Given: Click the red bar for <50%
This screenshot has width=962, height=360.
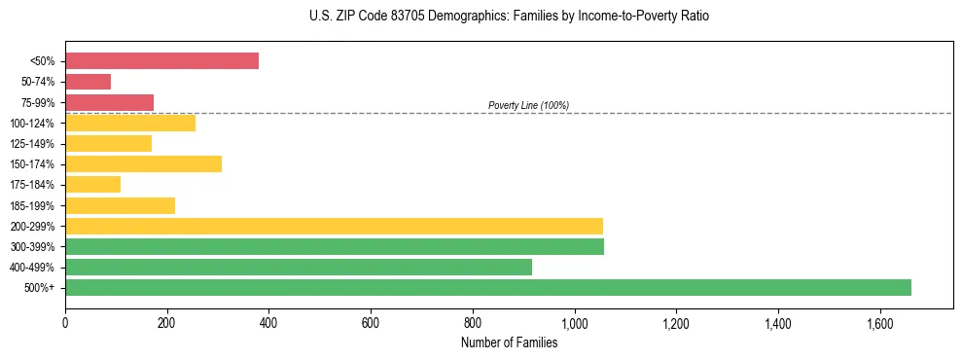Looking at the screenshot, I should [161, 61].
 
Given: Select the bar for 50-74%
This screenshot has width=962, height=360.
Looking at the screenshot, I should [88, 82].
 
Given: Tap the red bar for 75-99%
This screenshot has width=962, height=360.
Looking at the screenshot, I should [109, 102].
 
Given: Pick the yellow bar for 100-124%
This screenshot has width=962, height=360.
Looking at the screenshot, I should [130, 123].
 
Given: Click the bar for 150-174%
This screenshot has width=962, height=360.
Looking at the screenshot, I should [143, 163].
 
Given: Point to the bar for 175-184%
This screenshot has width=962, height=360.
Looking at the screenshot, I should [92, 184].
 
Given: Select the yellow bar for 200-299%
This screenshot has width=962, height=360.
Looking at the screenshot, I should [334, 226].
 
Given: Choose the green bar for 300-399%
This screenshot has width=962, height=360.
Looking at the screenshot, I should [335, 246].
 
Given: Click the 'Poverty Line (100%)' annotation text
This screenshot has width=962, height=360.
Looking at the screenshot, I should [528, 105].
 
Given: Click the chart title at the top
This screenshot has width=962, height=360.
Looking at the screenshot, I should [509, 17].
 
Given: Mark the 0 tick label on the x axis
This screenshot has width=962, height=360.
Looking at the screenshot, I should [65, 322].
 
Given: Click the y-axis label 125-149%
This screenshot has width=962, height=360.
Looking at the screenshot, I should [32, 144].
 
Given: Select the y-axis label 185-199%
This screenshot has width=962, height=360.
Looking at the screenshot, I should [32, 205].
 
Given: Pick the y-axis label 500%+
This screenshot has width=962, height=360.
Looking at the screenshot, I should [39, 288].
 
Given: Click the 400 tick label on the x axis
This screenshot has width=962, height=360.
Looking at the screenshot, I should [268, 322].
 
